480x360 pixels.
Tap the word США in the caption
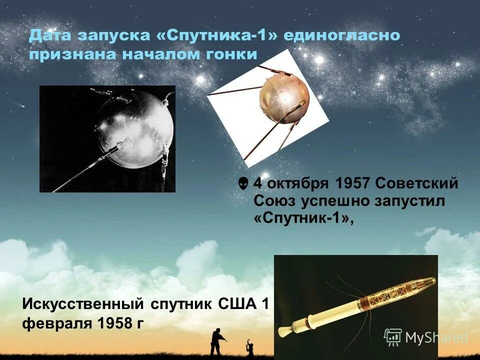coord(238,303)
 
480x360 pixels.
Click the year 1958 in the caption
coord(108,322)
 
